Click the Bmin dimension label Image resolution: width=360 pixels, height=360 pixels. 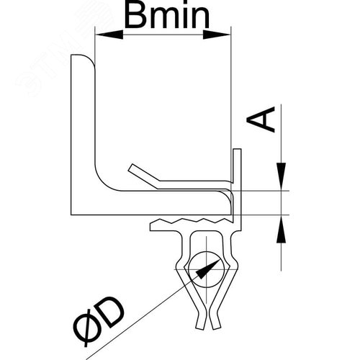point(167,16)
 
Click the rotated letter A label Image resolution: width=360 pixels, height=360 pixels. point(261,120)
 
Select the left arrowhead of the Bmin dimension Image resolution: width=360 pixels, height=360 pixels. point(109,35)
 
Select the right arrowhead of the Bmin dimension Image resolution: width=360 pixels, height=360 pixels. point(217,35)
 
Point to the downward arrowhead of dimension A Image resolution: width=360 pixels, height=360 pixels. point(281,176)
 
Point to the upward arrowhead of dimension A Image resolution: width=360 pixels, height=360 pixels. point(281,229)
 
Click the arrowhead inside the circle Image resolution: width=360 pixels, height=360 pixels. point(207,269)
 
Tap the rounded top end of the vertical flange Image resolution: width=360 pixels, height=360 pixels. point(81,58)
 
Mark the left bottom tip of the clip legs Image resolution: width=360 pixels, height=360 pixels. point(200,329)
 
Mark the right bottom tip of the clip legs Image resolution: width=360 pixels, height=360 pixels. point(216,329)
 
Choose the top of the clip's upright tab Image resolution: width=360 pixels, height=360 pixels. point(237,149)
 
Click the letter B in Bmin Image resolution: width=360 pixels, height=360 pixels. point(135,16)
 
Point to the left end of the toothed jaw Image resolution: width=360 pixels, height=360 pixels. point(151,227)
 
